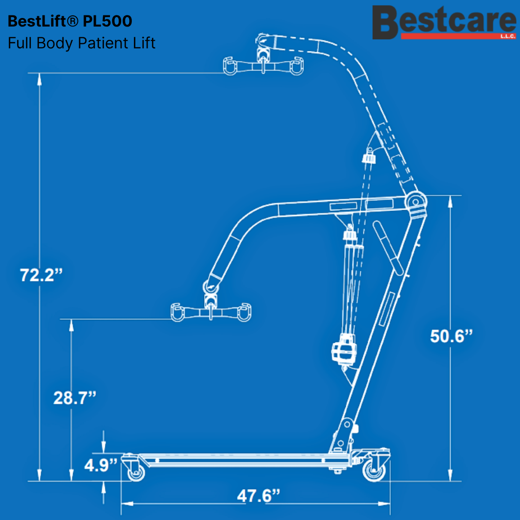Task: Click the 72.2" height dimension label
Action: [41, 275]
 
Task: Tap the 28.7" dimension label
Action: [75, 398]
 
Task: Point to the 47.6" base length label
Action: [259, 496]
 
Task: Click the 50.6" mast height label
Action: [451, 336]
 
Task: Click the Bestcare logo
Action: [444, 23]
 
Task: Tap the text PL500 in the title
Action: [107, 21]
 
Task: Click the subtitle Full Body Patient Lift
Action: [81, 43]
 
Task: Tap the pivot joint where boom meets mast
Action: [416, 202]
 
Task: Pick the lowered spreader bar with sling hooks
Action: [211, 312]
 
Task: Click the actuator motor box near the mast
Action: [344, 350]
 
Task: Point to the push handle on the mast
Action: [388, 248]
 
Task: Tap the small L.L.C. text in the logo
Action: [508, 36]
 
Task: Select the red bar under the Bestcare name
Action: [458, 36]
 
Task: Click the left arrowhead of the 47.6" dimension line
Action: [127, 504]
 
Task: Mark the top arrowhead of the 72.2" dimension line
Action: [39, 79]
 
